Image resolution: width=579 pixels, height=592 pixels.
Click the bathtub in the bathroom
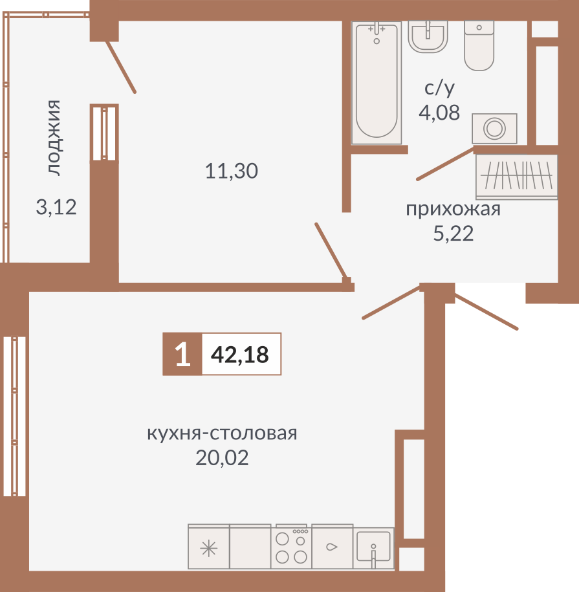[376, 82]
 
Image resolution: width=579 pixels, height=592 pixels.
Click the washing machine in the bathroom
[494, 128]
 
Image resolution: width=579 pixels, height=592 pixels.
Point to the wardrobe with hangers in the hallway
[516, 175]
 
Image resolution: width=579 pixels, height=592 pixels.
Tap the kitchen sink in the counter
[374, 547]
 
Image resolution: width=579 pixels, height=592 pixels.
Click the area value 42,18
[240, 355]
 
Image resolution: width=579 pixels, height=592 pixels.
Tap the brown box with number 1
[182, 355]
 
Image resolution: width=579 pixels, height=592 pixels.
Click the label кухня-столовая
[222, 433]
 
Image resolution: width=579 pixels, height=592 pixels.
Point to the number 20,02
[222, 458]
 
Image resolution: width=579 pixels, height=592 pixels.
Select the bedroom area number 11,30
[231, 171]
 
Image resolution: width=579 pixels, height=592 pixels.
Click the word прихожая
[453, 210]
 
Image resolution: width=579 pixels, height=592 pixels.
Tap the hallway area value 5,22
[453, 234]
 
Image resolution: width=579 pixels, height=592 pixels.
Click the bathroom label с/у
[440, 87]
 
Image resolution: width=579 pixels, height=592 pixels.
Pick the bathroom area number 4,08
[439, 113]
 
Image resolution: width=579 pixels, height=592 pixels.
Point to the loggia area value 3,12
[56, 208]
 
